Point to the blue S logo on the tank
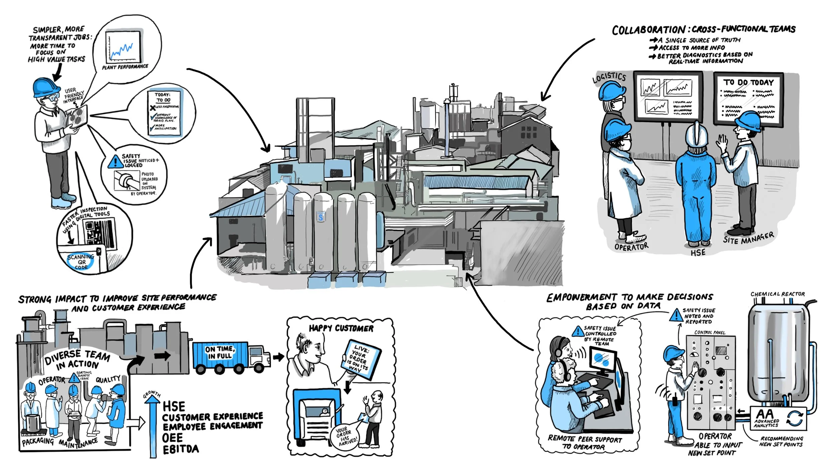click(321, 217)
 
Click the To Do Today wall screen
click(748, 99)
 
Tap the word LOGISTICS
click(609, 77)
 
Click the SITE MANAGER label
click(748, 238)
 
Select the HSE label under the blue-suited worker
click(698, 253)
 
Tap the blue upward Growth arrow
click(153, 427)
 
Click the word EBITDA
click(181, 449)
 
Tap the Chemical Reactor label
click(778, 294)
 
